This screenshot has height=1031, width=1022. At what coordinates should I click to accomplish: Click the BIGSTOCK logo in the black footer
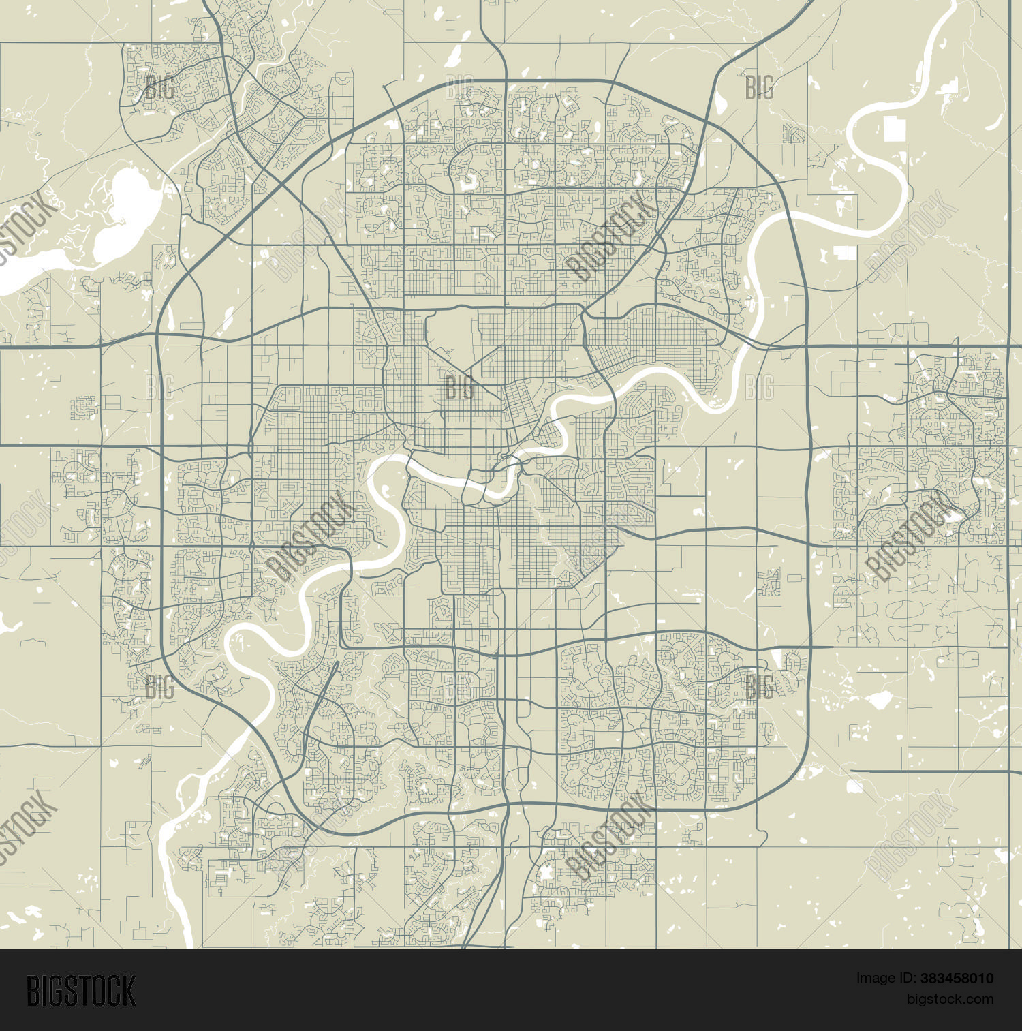click(x=81, y=991)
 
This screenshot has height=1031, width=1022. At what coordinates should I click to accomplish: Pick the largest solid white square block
click(x=895, y=129)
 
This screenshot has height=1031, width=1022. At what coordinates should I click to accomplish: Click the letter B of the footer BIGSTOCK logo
click(x=33, y=991)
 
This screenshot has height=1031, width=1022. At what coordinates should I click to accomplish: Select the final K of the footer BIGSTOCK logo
click(x=129, y=991)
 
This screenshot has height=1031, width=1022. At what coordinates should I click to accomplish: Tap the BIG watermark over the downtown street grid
click(x=459, y=387)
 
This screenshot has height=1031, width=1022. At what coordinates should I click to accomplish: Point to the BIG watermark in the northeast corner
click(x=759, y=87)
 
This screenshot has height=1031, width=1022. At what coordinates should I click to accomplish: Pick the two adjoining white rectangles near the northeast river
click(x=845, y=253)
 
